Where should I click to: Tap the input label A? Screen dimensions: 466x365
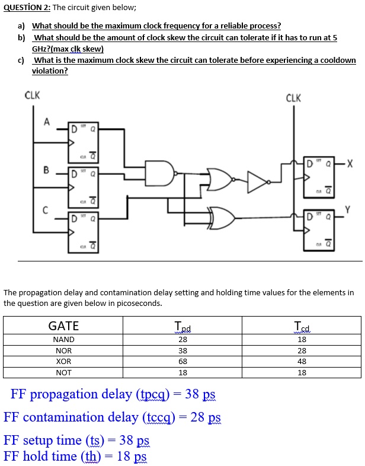point(45,122)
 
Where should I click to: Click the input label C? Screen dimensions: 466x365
point(45,209)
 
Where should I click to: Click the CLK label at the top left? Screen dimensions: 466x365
point(32,95)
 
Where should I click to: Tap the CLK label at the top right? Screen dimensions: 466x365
point(293,98)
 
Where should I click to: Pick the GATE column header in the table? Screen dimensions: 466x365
point(63,325)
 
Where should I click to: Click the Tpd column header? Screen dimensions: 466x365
point(182,326)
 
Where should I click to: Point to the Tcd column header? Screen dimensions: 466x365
point(302,326)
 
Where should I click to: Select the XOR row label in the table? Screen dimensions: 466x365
point(63,361)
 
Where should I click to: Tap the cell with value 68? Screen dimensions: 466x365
point(182,361)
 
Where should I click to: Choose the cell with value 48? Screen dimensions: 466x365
point(302,361)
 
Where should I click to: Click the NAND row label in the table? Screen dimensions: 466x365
point(63,340)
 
